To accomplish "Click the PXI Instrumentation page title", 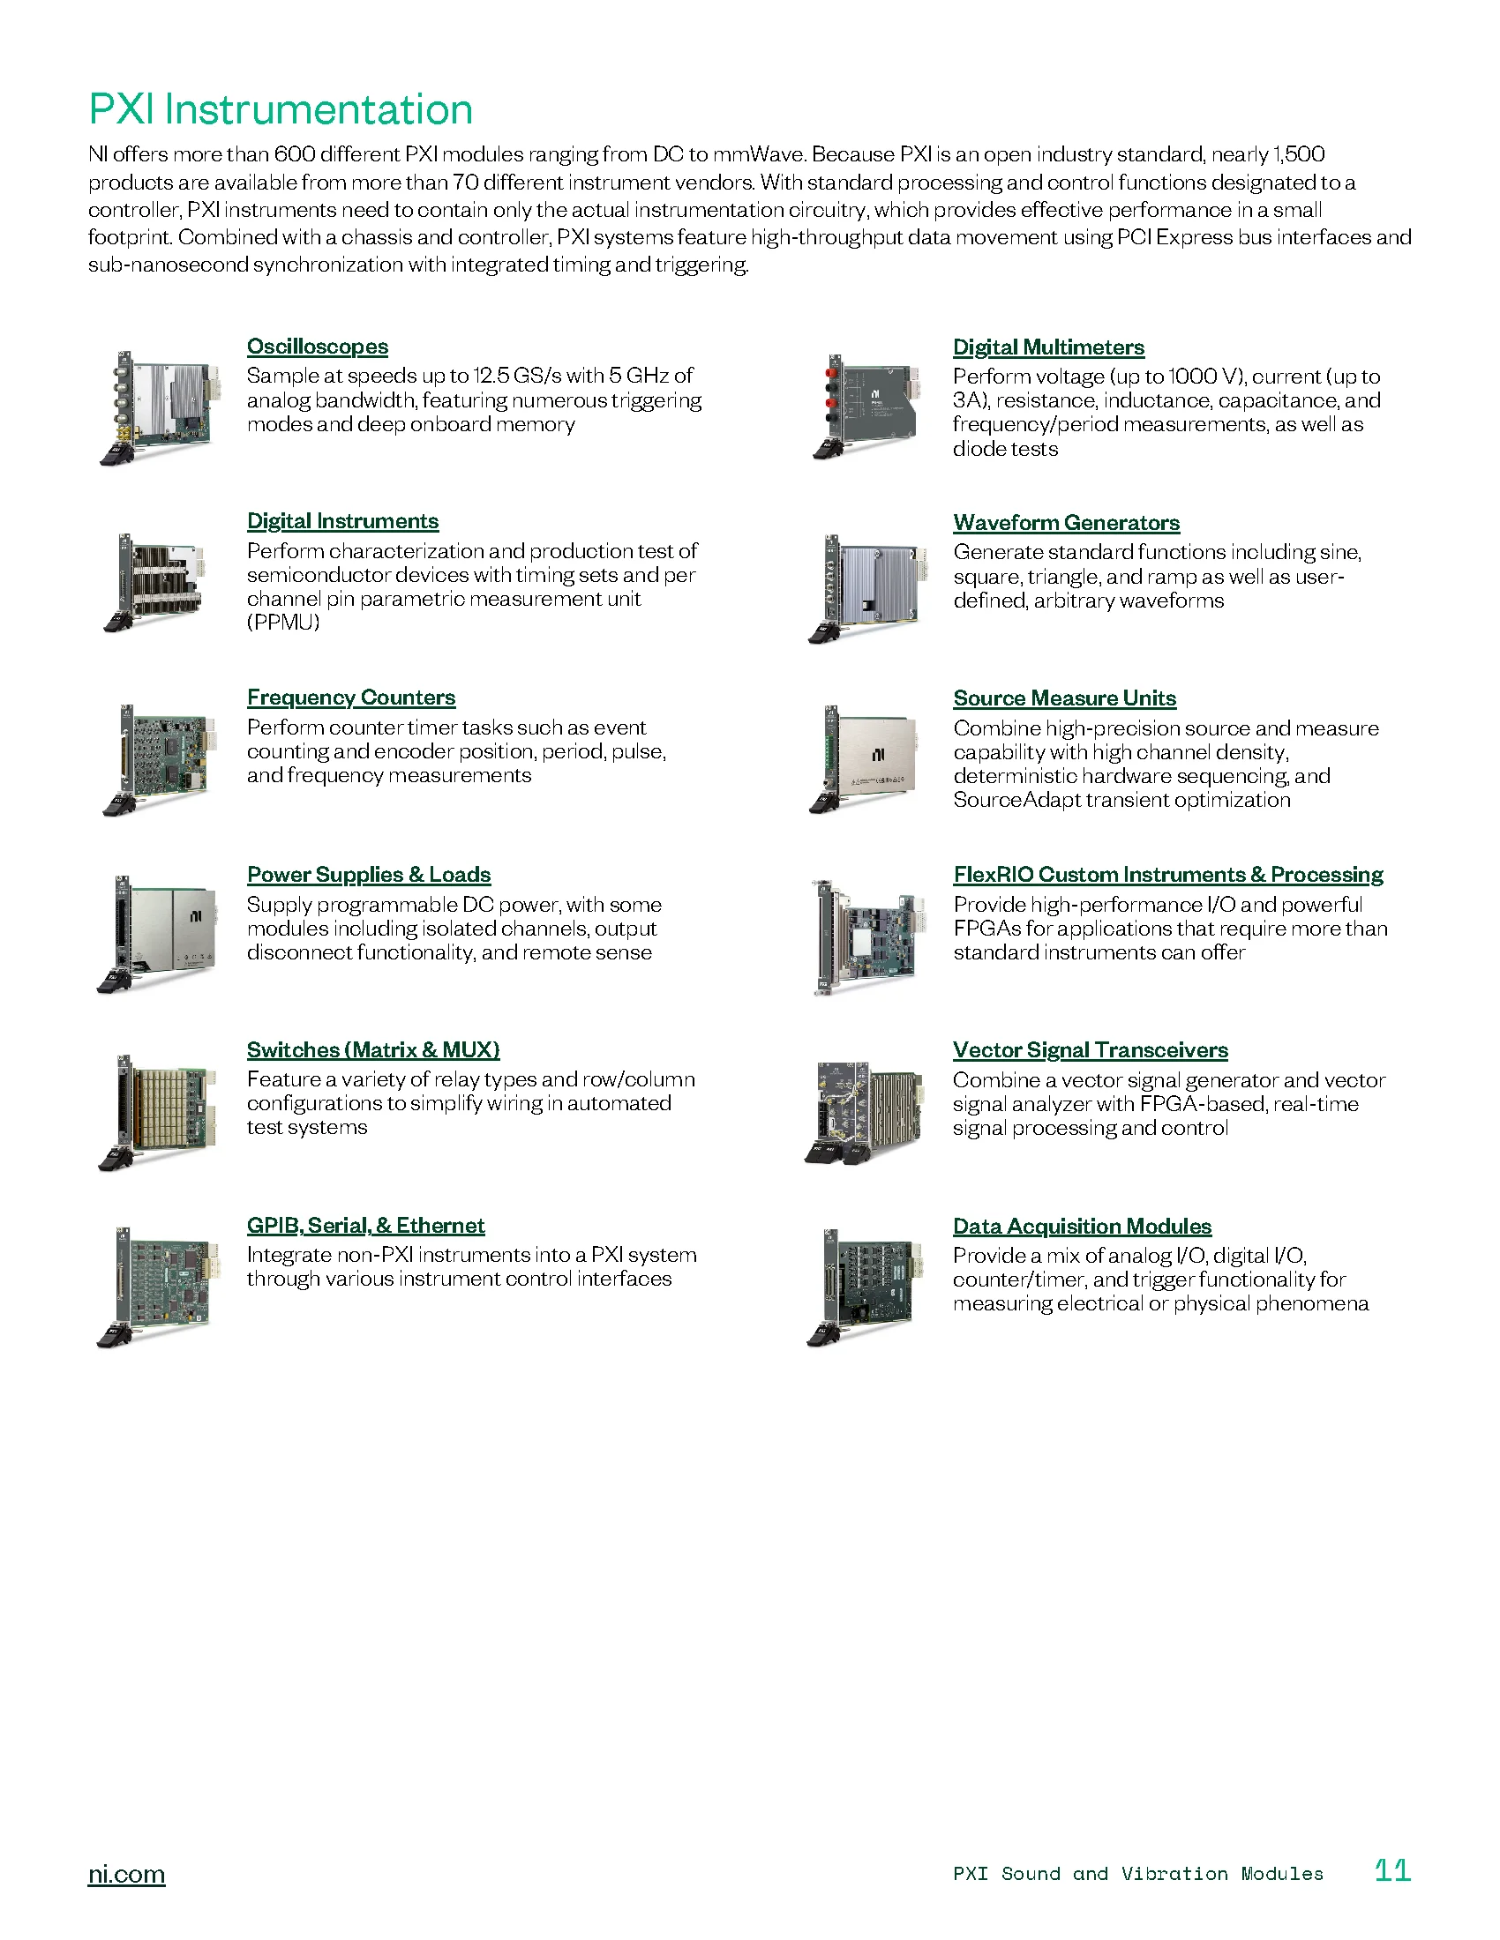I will pos(280,110).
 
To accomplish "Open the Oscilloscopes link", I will pos(318,347).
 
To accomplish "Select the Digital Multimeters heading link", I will pos(1047,347).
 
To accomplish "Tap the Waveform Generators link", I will pos(1066,522).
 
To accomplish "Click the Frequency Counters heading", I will pos(351,698).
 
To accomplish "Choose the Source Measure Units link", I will pos(1064,698).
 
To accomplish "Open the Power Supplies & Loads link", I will pos(368,874).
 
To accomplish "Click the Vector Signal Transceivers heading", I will pos(1090,1050).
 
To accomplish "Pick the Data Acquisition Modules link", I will pos(1082,1226).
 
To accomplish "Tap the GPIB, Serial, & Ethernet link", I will pos(365,1225).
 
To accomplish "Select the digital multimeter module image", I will pos(866,407).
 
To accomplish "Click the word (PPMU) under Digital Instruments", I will pos(282,622).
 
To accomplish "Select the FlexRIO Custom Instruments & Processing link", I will pos(1167,874).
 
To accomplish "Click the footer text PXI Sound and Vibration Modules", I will pos(1137,1873).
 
